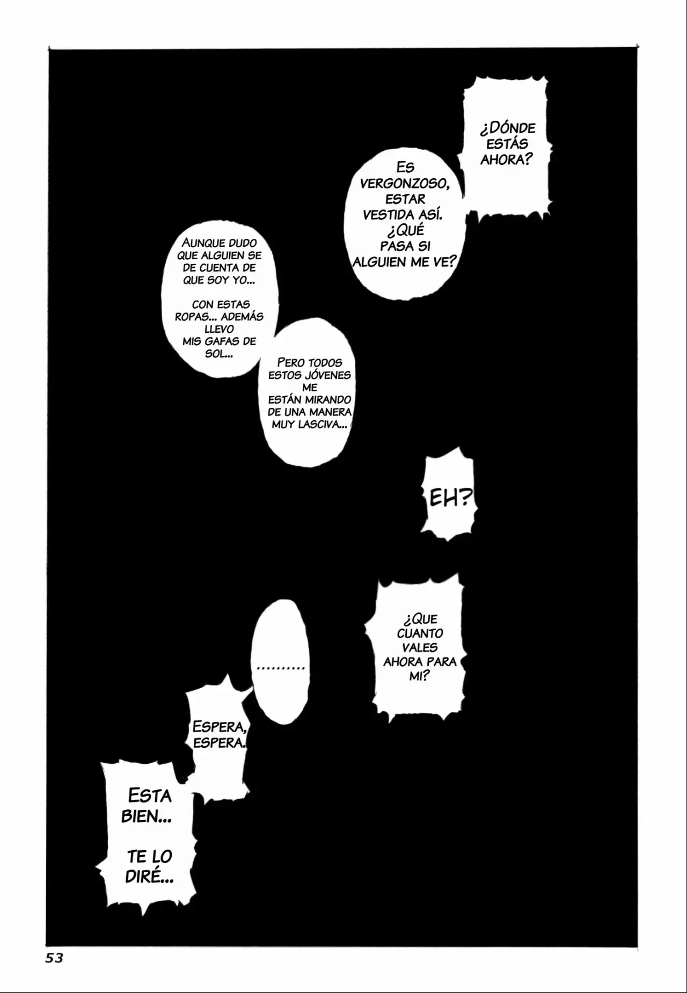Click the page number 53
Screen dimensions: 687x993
[54, 958]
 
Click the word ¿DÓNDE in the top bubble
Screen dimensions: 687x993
[508, 128]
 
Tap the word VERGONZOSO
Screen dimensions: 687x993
[404, 183]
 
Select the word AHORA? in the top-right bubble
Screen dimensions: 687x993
[506, 159]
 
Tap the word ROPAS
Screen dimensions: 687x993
[192, 317]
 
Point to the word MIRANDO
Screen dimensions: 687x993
[328, 400]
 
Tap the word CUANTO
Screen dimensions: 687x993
[420, 633]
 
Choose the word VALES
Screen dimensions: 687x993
[420, 647]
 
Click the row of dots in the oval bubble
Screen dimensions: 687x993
[281, 668]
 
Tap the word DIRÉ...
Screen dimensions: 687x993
[149, 877]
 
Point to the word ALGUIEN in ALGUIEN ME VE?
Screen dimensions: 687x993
[377, 262]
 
